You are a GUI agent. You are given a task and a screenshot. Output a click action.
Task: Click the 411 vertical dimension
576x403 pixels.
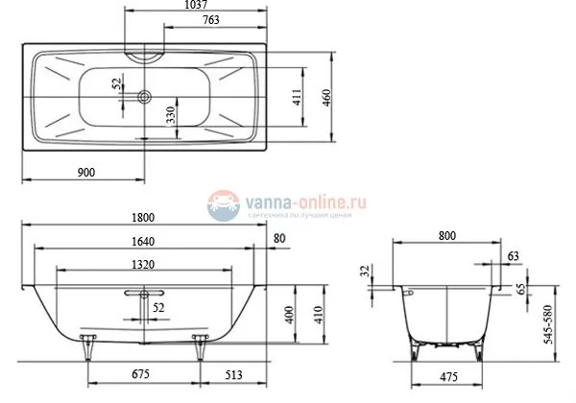tap(298, 97)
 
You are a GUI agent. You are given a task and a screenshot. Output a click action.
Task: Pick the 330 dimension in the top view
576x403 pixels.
tap(170, 117)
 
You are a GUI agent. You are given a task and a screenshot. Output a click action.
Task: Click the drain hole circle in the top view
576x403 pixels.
tap(144, 96)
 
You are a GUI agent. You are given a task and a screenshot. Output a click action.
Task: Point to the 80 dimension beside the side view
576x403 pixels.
tap(279, 240)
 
